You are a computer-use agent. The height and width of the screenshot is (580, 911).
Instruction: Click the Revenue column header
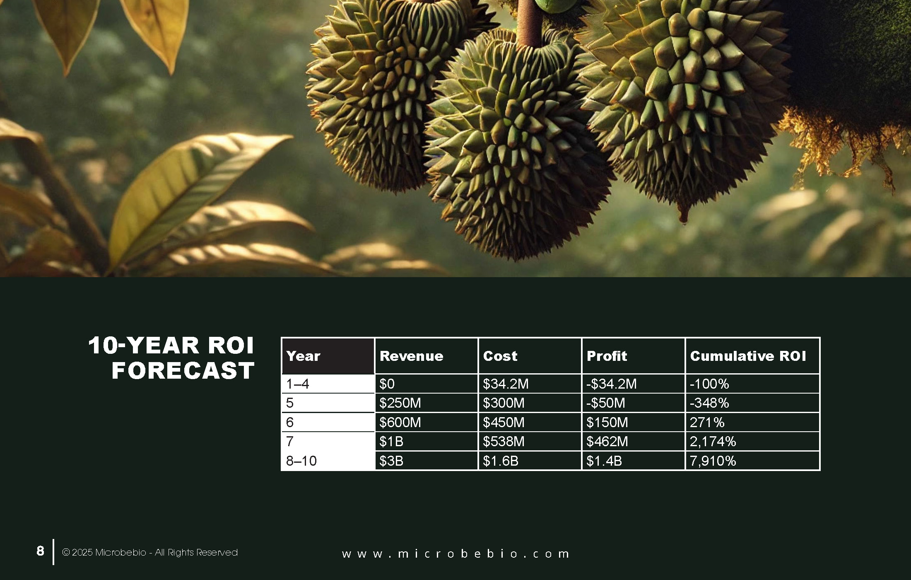(x=411, y=356)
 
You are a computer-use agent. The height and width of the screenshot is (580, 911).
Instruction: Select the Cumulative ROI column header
(x=748, y=356)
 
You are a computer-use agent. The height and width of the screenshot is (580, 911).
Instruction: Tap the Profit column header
(x=607, y=356)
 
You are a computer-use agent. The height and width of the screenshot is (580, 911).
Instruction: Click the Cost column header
(x=500, y=356)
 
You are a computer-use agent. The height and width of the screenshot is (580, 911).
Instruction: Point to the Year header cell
(x=303, y=356)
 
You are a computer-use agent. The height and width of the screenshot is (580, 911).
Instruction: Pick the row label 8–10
(x=301, y=461)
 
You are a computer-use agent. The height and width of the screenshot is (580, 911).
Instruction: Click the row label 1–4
(x=297, y=384)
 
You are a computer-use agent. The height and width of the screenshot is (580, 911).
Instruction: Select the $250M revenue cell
(x=400, y=403)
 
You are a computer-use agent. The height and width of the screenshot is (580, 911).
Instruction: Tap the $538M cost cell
(x=504, y=442)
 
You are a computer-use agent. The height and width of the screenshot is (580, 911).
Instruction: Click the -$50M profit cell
(x=605, y=403)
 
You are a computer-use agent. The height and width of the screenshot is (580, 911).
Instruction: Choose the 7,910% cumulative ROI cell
(x=713, y=461)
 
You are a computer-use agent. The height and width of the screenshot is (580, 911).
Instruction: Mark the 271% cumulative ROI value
(x=707, y=422)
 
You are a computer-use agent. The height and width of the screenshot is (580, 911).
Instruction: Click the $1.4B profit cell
(x=604, y=461)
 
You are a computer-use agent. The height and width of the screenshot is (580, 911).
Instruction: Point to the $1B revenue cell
(x=391, y=442)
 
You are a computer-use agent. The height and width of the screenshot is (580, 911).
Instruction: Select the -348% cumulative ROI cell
(x=709, y=403)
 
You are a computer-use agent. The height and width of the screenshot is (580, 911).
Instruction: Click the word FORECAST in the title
(x=183, y=370)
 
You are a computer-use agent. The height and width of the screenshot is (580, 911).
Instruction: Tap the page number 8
(x=40, y=551)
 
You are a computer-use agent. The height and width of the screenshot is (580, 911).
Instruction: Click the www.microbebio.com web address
(x=455, y=554)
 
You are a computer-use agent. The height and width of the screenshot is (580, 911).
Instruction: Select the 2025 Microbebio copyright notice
(x=149, y=552)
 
